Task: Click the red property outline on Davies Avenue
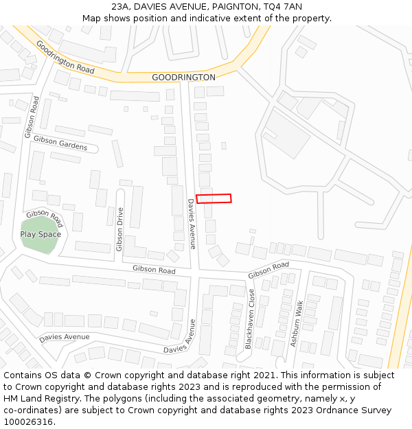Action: (214, 198)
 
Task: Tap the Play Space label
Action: (41, 234)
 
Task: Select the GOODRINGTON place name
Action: (183, 78)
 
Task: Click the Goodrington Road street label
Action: (65, 58)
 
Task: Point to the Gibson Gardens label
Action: (60, 143)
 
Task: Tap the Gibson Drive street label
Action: (119, 230)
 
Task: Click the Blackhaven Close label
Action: (251, 319)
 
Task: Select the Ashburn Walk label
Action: (296, 323)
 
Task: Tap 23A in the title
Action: (120, 6)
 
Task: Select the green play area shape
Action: (40, 235)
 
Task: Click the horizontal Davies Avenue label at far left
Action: (64, 338)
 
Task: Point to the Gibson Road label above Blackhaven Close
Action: (268, 270)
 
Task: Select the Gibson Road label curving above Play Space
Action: (45, 218)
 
